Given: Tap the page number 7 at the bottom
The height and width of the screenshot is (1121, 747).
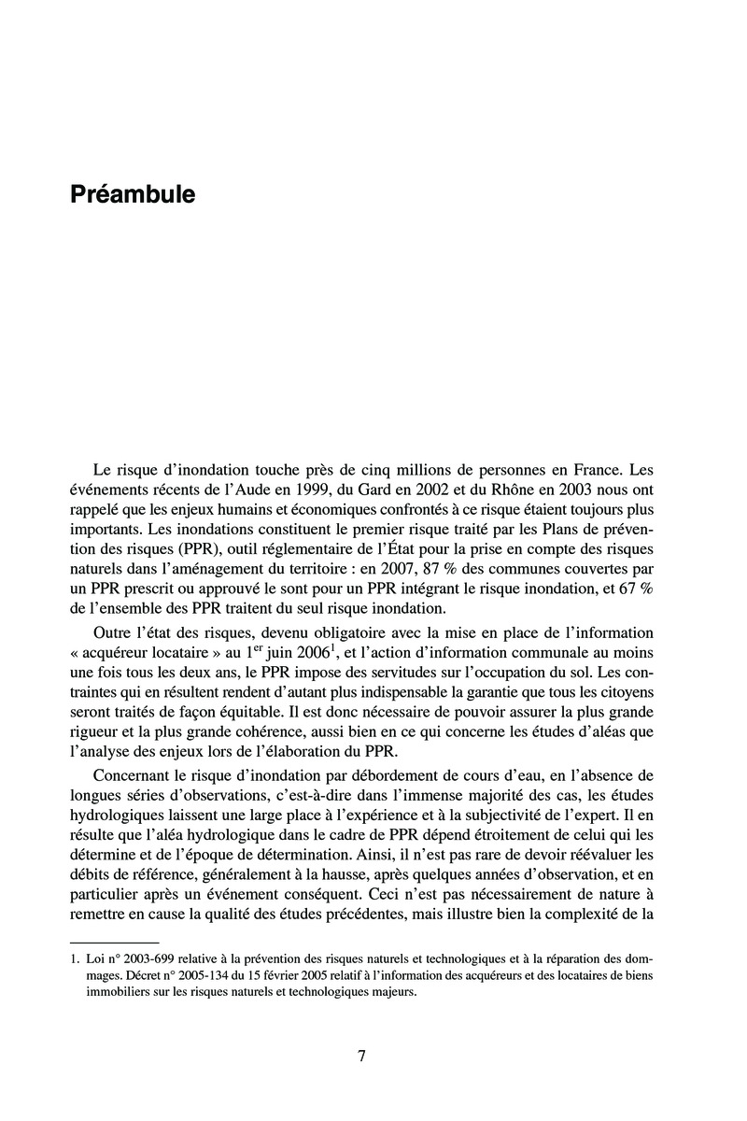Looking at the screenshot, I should (361, 1056).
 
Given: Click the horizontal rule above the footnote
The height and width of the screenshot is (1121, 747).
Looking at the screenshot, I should (115, 942).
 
